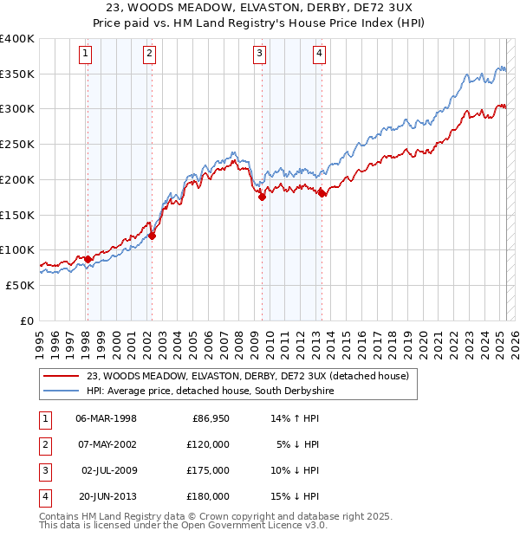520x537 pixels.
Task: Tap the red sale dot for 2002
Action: point(152,235)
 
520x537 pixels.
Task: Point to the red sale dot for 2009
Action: point(262,197)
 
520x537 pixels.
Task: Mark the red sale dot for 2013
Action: point(322,193)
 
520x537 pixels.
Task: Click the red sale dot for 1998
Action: point(88,258)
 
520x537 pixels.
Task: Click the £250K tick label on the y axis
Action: point(18,144)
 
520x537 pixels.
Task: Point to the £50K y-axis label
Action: point(21,285)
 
